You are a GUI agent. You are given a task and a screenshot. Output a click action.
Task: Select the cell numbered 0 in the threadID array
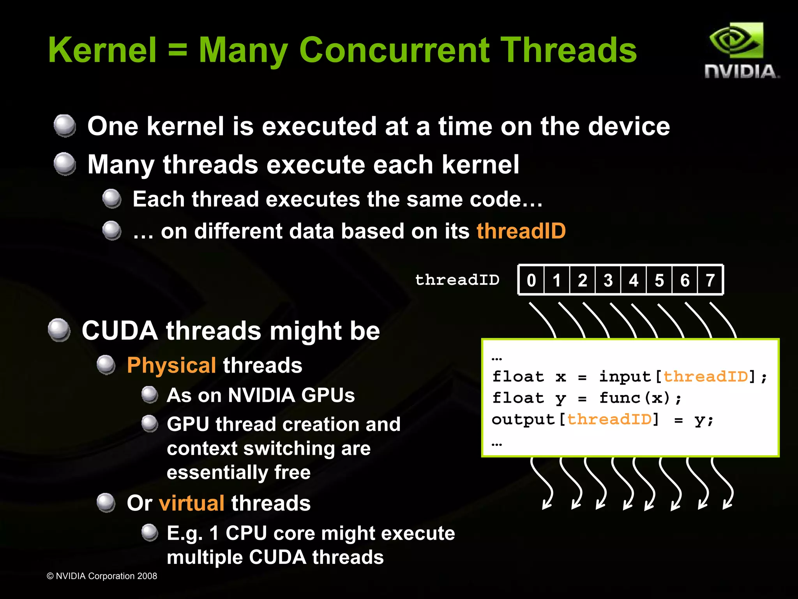coord(531,280)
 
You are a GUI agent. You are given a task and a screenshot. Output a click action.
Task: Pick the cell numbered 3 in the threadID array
coord(608,280)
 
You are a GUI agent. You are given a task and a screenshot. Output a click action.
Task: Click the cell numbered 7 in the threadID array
coord(710,280)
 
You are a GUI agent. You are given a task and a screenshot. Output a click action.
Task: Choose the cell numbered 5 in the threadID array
coord(659,280)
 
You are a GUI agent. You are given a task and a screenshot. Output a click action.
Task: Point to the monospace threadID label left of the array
coord(457,280)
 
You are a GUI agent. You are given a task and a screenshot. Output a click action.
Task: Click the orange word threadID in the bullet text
coord(521,231)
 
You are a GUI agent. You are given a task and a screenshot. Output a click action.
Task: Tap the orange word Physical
coord(171,365)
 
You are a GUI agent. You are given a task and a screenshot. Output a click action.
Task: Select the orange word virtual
coord(191,503)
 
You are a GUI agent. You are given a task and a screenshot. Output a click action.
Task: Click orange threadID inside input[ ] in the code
coord(706,376)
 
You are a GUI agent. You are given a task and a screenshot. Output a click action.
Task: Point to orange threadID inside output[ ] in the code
coord(609,419)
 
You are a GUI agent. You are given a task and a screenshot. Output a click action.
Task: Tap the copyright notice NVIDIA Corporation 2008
coord(102,576)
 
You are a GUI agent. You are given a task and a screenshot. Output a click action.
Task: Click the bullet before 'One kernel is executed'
coord(65,125)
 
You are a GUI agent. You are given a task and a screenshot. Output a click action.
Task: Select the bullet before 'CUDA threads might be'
coord(59,330)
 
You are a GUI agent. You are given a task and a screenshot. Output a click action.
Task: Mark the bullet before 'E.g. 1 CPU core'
coord(150,533)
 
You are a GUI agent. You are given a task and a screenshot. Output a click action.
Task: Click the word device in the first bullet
coord(629,126)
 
